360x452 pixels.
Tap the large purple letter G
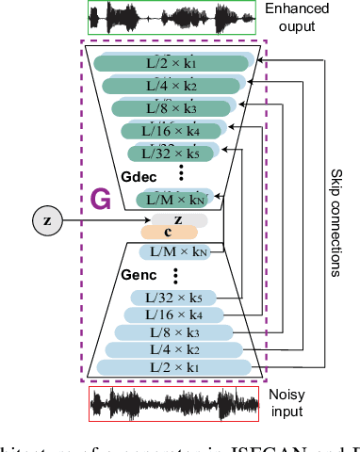100,200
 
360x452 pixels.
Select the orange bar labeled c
169,232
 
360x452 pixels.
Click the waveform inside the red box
172,403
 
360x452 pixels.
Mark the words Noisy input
288,404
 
